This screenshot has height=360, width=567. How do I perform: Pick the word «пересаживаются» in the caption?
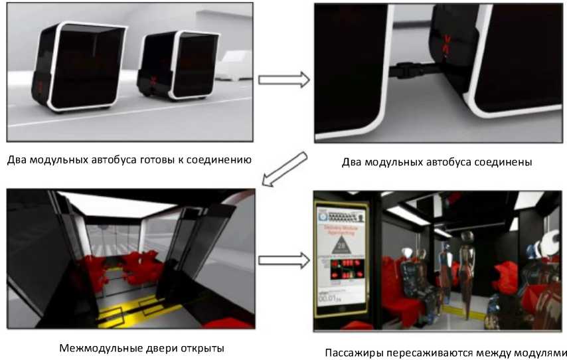(434, 352)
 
